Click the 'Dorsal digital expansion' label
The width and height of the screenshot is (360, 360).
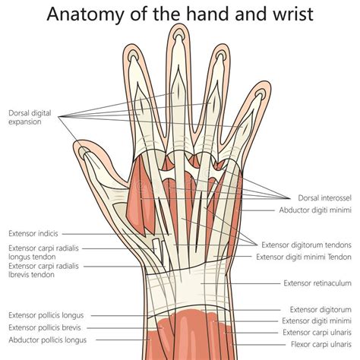tap(30, 117)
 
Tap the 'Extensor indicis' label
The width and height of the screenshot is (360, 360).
tap(33, 233)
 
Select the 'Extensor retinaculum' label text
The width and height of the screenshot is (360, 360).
tap(317, 283)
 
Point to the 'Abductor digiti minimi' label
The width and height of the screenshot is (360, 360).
tap(315, 210)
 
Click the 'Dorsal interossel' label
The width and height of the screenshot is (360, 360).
tap(324, 197)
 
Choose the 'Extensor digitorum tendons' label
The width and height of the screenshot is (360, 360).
tap(306, 245)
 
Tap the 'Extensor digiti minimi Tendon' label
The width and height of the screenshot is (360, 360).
tap(304, 257)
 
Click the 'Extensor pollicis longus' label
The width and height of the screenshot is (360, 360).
tap(46, 315)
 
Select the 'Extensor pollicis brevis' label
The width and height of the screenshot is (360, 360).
tap(45, 327)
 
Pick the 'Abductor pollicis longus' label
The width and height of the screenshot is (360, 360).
tap(48, 340)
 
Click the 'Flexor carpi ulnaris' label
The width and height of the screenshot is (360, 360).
tap(321, 344)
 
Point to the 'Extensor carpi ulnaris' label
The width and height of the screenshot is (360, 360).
tap(317, 332)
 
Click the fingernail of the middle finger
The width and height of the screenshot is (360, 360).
tap(179, 34)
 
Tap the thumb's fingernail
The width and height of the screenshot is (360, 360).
tap(84, 152)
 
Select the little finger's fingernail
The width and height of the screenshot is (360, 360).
tap(261, 94)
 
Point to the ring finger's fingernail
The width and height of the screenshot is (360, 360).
tap(220, 55)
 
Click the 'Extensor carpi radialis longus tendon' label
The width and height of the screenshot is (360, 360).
tap(43, 252)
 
